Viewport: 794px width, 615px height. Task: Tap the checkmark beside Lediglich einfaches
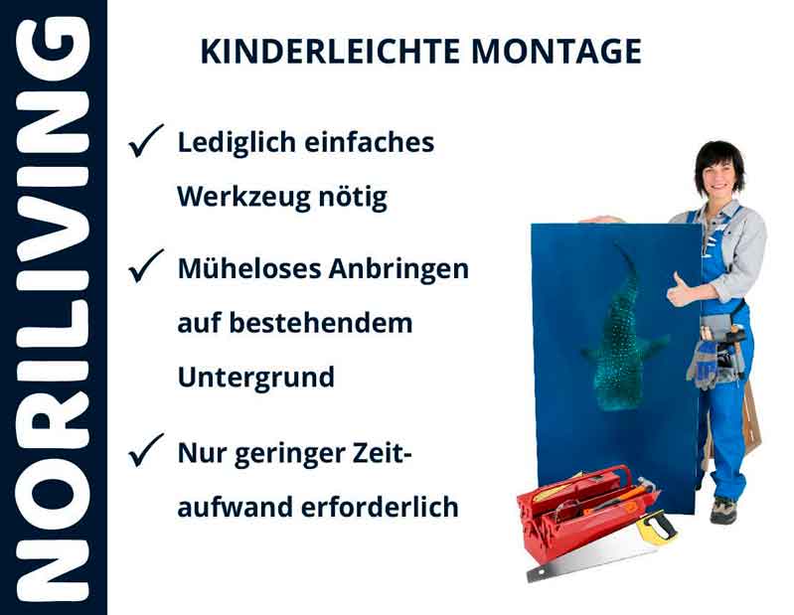(x=146, y=144)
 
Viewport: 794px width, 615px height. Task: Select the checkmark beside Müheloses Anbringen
(x=146, y=266)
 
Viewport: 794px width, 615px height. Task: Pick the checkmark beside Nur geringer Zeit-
(x=146, y=453)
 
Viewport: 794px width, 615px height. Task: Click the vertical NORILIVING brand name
(x=53, y=308)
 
